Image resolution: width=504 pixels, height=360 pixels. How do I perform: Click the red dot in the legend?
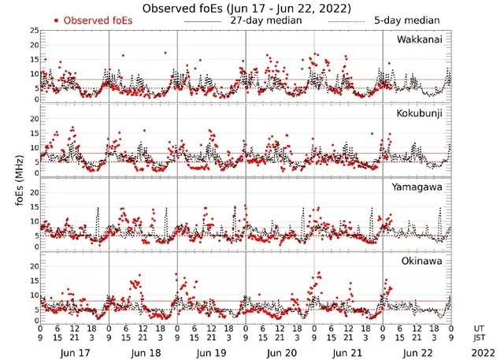[x=56, y=20]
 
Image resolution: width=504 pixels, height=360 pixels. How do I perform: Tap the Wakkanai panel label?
[x=420, y=39]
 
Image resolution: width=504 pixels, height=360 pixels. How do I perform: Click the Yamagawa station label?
[x=419, y=187]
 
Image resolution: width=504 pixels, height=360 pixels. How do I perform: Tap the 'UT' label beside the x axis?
[x=479, y=327]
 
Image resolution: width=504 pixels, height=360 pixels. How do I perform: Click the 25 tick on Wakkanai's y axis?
[x=34, y=31]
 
